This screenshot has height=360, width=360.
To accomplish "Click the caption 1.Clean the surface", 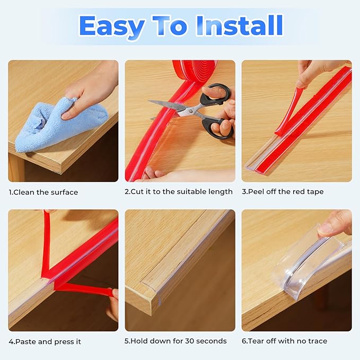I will [43, 192].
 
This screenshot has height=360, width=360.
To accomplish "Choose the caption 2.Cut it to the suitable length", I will [179, 191].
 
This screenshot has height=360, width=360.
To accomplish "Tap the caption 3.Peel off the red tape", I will [283, 191].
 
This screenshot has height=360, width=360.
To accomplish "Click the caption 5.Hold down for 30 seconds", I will [175, 341].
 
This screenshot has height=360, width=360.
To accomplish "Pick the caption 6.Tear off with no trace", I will [284, 341].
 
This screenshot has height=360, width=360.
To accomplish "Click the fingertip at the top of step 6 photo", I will [326, 228].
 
